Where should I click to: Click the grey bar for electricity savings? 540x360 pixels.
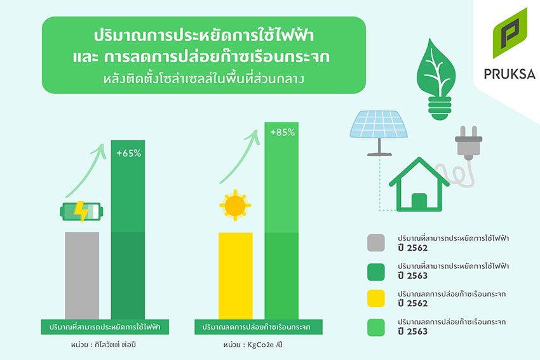click(82, 276)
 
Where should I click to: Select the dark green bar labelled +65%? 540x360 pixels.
click(128, 230)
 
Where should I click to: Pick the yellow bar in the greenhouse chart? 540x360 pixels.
click(236, 276)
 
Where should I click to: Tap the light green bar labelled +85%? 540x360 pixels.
click(281, 220)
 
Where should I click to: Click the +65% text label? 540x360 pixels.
click(129, 153)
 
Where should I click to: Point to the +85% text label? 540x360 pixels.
click(283, 133)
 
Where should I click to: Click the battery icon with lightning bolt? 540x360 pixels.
click(81, 211)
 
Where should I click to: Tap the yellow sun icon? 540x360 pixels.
click(235, 205)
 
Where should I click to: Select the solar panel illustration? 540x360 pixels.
click(379, 133)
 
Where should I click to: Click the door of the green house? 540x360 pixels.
click(419, 201)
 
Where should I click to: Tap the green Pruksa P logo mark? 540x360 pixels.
click(510, 33)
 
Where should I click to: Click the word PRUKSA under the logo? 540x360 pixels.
click(510, 74)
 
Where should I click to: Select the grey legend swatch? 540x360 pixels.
click(376, 243)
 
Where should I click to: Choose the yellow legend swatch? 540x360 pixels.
click(376, 298)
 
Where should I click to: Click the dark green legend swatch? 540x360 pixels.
click(376, 272)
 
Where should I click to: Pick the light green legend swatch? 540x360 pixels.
click(376, 328)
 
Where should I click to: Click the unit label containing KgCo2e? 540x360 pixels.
click(252, 345)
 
